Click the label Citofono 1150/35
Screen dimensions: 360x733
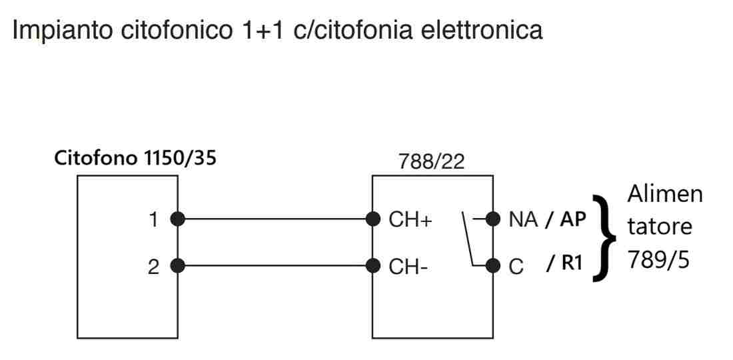pos(135,159)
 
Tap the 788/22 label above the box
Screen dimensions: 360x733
pos(432,162)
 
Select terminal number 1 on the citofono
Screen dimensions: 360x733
pos(154,219)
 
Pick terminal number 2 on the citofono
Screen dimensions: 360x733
pos(154,267)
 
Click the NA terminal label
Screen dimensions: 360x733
pos(523,219)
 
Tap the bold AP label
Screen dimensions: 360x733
pos(572,219)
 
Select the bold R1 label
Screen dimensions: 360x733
pos(572,263)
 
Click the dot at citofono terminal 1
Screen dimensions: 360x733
pos(178,219)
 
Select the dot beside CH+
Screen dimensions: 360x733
pos(372,219)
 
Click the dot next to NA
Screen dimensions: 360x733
pos(493,219)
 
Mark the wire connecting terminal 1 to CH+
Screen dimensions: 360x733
pos(275,219)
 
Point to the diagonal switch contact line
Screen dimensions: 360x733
pos(467,238)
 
